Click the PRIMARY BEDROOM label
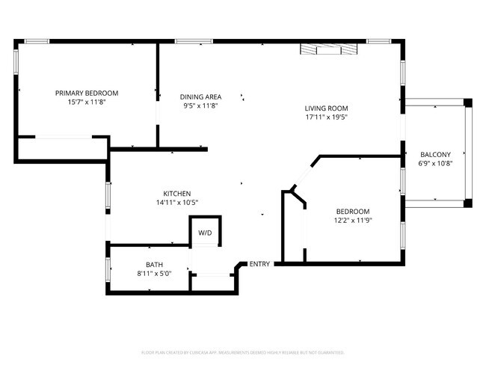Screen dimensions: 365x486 (87, 93)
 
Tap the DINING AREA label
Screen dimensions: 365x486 (200, 96)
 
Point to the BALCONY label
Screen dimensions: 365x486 (435, 153)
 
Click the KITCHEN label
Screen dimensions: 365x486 (177, 193)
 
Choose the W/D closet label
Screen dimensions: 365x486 (205, 233)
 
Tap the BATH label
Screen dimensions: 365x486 (155, 265)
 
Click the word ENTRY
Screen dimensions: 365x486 (259, 264)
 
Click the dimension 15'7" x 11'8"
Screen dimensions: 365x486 (87, 102)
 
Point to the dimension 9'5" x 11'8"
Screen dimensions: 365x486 (200, 105)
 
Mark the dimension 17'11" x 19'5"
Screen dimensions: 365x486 (327, 117)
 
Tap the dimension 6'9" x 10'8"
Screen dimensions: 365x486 (435, 162)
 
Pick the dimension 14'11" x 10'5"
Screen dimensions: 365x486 (177, 202)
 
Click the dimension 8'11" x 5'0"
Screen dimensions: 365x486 (155, 274)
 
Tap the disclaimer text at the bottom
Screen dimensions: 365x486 (242, 352)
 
